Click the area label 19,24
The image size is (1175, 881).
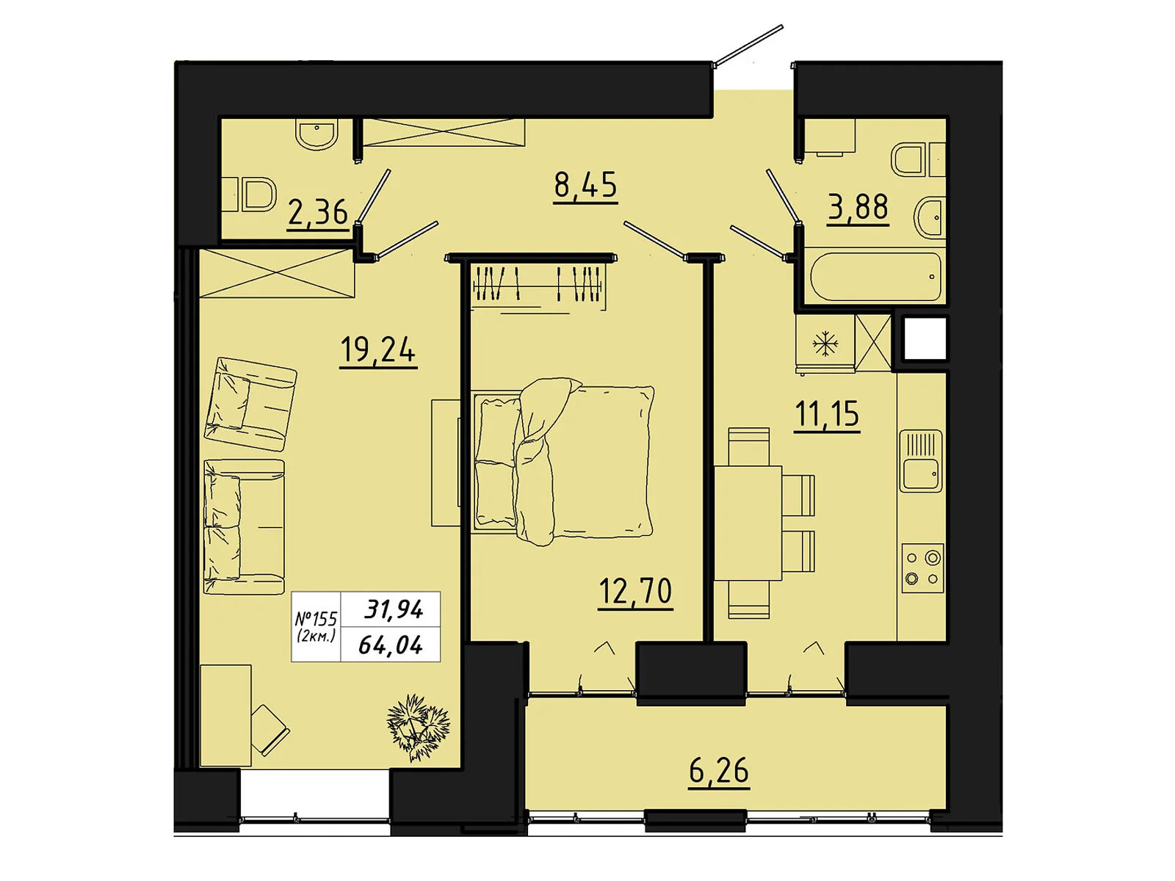(377, 350)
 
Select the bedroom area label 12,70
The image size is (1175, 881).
(635, 591)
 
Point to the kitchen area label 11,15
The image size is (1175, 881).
(827, 414)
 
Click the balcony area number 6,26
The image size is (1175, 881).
(718, 771)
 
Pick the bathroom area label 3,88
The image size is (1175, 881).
(858, 207)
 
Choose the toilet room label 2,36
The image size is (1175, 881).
(317, 213)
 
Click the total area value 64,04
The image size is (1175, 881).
(391, 645)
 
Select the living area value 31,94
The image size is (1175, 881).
(394, 609)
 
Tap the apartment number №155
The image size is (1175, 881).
(316, 619)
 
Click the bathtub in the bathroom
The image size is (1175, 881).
(875, 277)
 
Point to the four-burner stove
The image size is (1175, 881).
(922, 568)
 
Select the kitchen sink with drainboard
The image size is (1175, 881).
(920, 461)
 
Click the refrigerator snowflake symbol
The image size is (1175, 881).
(825, 344)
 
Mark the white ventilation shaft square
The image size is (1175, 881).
(924, 338)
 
